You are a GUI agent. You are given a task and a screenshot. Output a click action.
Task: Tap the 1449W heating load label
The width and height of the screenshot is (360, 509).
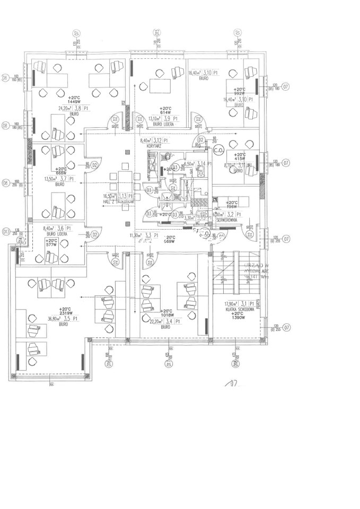tap(74, 101)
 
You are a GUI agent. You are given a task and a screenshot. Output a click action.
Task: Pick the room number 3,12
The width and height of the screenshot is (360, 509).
tap(157, 141)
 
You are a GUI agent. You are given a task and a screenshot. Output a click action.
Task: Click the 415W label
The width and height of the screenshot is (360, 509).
tap(239, 159)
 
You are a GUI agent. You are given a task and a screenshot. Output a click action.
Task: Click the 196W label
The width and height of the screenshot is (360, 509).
tap(232, 207)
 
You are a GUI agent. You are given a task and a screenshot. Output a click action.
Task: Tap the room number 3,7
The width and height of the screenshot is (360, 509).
tap(67, 179)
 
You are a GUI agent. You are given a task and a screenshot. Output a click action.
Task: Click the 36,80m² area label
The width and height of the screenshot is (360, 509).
tap(51, 319)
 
